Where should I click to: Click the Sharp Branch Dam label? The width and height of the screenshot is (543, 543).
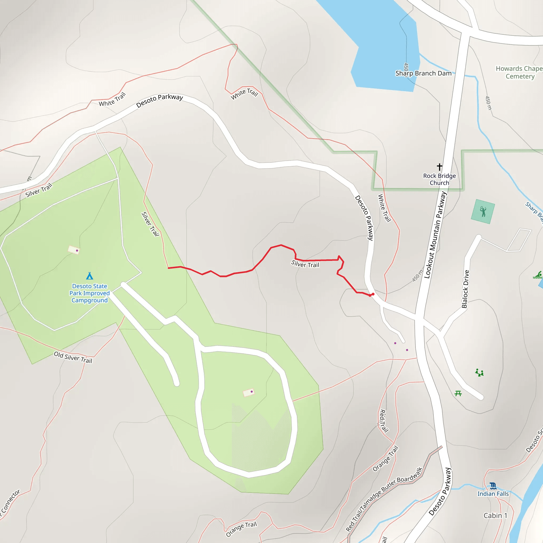point(423,73)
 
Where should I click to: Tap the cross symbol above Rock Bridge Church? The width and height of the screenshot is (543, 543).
point(440,167)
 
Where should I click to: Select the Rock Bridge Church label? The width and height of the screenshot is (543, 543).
point(440,179)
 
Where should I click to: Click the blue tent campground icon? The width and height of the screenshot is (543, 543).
point(90,276)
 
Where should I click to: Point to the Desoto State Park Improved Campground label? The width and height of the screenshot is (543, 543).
point(90,293)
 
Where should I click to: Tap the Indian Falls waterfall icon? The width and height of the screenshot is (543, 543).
point(493,486)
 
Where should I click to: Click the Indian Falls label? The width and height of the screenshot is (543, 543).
point(493,494)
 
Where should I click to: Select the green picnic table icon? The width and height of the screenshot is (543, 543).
point(458,393)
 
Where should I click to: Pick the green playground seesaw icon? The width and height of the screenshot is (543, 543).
point(479,373)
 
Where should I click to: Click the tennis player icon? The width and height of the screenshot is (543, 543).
point(483,211)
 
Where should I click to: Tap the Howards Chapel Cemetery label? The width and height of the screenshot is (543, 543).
point(519,72)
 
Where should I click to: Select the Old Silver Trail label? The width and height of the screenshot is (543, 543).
point(73,357)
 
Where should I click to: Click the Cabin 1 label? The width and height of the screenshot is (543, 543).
point(495,515)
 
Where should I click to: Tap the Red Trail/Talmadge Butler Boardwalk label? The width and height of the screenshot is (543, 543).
point(384,499)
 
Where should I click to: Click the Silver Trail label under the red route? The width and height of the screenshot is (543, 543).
point(305,264)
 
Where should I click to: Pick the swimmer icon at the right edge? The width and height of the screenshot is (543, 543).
point(538,275)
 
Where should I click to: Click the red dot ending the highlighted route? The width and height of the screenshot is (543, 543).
point(373,294)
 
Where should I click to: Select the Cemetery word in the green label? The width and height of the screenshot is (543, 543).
point(520,76)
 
